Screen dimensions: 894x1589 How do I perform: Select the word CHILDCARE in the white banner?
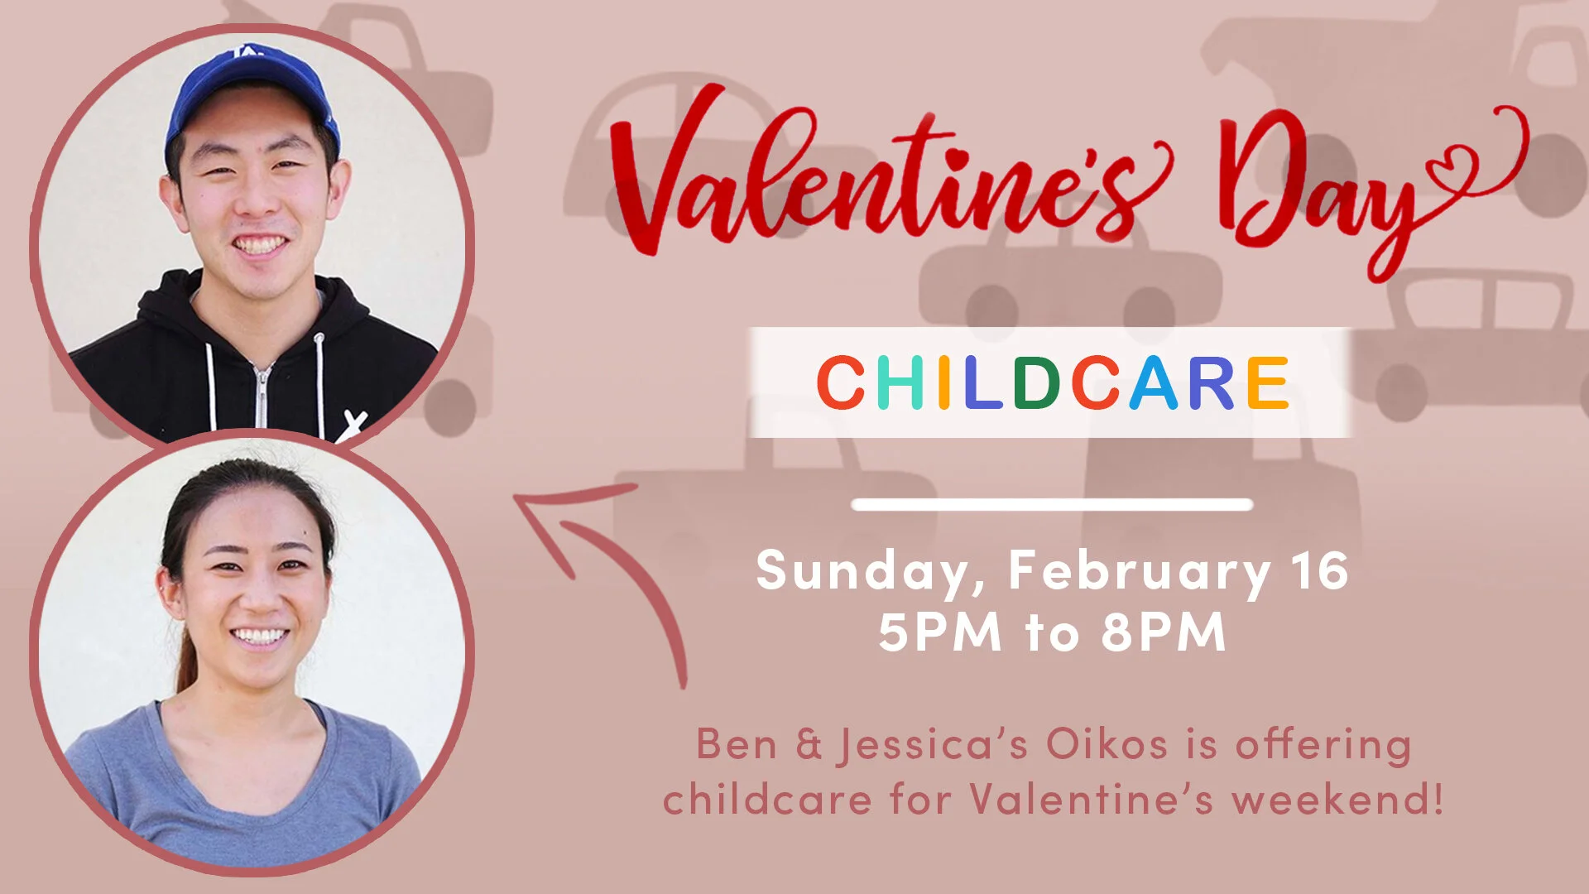coord(1052,382)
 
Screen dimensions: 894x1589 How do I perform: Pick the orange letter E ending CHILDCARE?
coord(1267,382)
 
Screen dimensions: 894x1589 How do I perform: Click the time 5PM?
coord(939,633)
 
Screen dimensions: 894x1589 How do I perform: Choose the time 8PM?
coord(1163,633)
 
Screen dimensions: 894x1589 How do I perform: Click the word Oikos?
coord(1107,744)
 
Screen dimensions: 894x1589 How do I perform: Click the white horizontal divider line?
coord(1052,505)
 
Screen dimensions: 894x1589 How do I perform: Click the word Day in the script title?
coord(1316,182)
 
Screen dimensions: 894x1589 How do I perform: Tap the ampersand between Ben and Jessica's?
coord(809,744)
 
